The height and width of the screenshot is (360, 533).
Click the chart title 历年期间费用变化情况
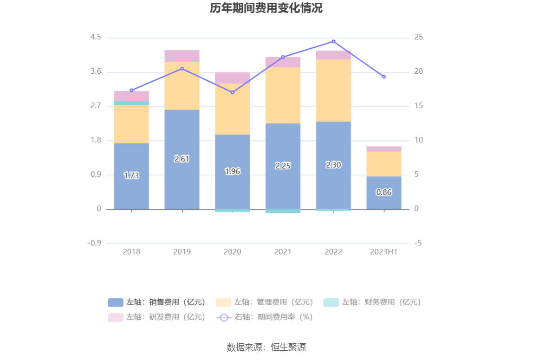point(266,8)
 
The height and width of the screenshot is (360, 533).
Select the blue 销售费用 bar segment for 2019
point(182,139)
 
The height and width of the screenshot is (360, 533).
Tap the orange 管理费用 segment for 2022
point(333,90)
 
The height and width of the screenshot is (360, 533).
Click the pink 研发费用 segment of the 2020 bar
point(233,77)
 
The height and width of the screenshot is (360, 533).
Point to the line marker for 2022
point(333,41)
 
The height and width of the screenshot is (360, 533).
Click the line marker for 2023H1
point(384,77)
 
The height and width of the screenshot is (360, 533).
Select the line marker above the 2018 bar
point(131,90)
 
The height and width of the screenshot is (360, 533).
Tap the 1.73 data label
point(131,176)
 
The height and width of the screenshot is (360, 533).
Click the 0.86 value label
point(384,192)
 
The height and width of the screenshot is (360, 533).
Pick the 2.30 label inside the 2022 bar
point(333,165)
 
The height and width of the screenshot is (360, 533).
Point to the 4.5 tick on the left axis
point(96,38)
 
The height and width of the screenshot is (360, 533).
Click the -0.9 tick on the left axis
point(95,244)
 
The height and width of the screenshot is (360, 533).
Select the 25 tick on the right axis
point(418,38)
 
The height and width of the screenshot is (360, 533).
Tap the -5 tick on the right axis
point(418,244)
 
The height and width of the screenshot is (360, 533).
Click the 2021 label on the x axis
point(283,252)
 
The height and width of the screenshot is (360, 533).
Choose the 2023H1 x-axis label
point(384,252)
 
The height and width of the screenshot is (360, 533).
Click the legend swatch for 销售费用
point(116,302)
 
